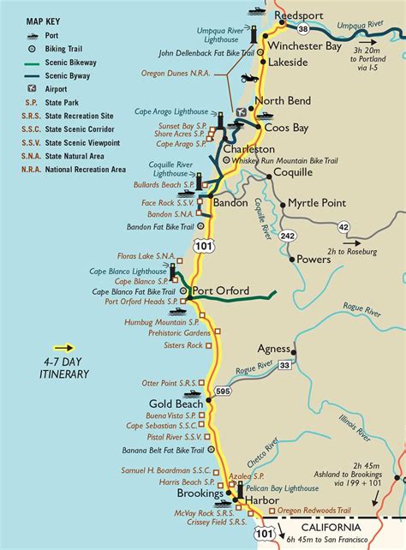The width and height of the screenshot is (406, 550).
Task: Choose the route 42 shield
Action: pyautogui.click(x=343, y=226)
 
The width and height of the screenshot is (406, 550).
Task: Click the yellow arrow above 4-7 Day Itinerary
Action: pyautogui.click(x=64, y=348)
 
